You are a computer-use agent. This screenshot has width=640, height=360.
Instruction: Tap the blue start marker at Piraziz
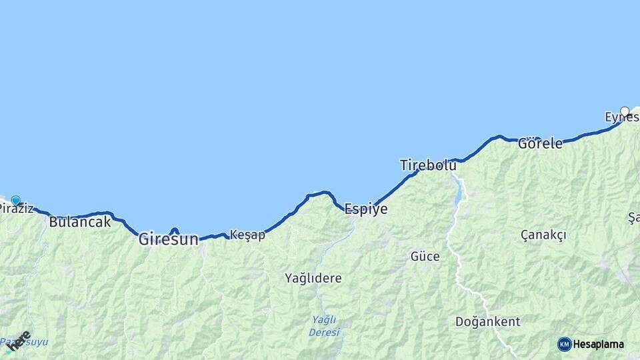point(15,199)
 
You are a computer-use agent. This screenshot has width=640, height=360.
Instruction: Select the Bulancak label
point(80,222)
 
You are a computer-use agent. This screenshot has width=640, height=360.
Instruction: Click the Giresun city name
point(168,239)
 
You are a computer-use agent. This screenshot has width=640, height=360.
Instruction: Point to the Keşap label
point(247,235)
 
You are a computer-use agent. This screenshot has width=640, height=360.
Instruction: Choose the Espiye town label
point(365,209)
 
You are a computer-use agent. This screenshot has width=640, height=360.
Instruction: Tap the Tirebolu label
point(428,165)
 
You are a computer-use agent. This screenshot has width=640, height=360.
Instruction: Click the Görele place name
point(540,143)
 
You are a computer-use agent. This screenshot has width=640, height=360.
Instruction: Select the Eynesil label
point(620,117)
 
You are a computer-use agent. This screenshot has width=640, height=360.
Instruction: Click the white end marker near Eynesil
point(625,111)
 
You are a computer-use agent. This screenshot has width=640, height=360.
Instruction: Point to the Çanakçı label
point(543,235)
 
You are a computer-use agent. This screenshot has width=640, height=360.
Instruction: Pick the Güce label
point(425,256)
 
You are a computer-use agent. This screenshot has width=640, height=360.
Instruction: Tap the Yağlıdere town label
point(313,277)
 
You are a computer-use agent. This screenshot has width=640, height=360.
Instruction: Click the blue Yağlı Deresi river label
point(325,325)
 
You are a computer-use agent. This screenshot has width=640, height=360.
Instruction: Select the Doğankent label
point(487,322)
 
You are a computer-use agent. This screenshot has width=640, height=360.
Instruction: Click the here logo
point(18,339)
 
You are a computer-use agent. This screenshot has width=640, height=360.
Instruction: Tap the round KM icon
point(564,344)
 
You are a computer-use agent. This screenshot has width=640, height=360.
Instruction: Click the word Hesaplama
point(598,344)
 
